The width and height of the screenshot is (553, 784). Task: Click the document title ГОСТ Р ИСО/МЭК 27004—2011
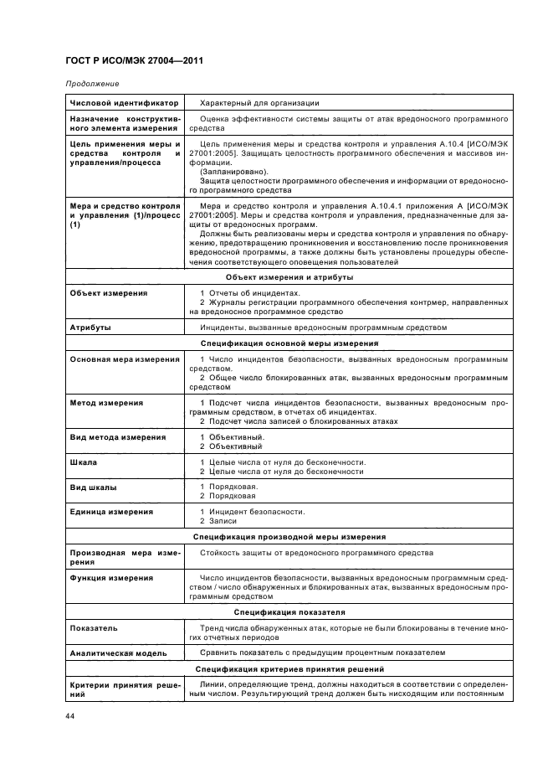134,61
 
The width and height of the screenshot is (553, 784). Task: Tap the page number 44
70,716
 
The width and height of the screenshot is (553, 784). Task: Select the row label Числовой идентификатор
124,103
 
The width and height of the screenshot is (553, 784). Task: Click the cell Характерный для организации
259,103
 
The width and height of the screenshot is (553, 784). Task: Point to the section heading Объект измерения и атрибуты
289,276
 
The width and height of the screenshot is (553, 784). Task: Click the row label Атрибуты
90,327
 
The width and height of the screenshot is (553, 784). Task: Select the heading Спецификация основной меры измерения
289,343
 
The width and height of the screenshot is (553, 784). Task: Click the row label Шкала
83,462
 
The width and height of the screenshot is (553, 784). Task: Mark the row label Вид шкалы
93,487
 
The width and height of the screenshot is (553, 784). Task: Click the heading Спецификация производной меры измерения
289,536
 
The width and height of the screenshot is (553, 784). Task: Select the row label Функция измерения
111,578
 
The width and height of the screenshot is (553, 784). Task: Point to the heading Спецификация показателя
289,612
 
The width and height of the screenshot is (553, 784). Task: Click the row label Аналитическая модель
118,652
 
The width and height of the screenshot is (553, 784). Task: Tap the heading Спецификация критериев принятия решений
289,669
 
